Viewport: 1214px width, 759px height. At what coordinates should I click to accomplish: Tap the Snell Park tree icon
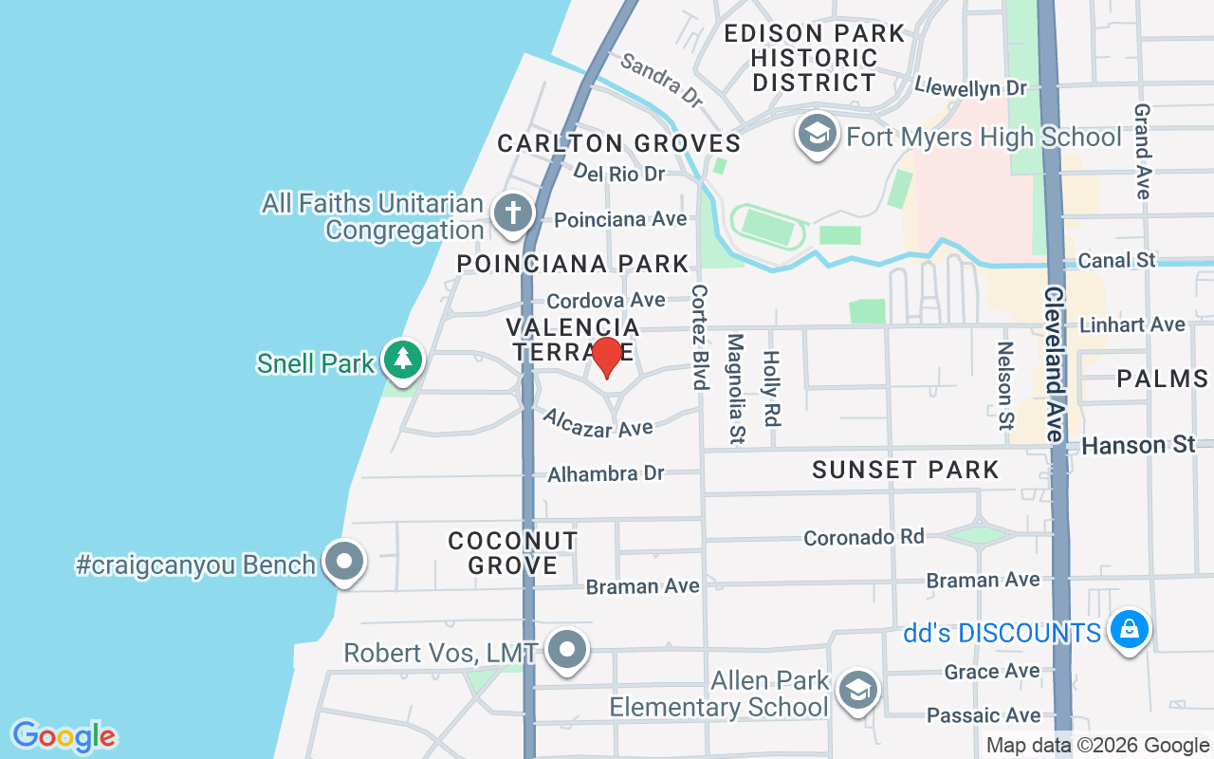tap(404, 360)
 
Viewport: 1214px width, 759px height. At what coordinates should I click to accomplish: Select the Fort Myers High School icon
tap(817, 134)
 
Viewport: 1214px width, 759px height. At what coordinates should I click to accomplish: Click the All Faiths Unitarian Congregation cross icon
tap(513, 213)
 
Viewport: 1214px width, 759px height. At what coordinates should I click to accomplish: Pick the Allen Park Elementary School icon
tap(858, 692)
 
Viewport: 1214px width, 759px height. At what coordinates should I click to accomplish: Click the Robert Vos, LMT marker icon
tap(568, 651)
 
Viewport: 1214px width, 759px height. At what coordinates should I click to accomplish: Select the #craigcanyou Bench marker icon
tap(343, 562)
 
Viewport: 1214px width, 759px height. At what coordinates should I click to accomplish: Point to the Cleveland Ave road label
tap(1053, 363)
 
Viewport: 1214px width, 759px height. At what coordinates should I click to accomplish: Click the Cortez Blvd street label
tap(700, 336)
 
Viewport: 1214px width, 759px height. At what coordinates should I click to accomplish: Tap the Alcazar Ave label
tap(598, 422)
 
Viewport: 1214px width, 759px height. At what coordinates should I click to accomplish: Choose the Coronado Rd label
tap(863, 537)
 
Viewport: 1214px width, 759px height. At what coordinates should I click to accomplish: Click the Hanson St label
tap(1138, 445)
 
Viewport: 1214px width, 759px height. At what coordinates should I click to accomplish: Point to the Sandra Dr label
tap(661, 79)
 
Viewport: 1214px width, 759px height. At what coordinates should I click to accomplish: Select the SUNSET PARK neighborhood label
tap(906, 470)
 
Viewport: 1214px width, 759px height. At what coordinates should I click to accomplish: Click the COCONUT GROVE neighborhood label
tap(513, 553)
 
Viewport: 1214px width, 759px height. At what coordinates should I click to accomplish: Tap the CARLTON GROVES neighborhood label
tap(619, 143)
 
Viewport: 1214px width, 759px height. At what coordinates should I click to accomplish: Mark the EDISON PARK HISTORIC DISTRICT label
tap(814, 58)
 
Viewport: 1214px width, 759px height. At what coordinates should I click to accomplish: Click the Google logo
tap(64, 736)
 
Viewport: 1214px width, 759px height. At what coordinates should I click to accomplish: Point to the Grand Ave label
tap(1142, 151)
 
